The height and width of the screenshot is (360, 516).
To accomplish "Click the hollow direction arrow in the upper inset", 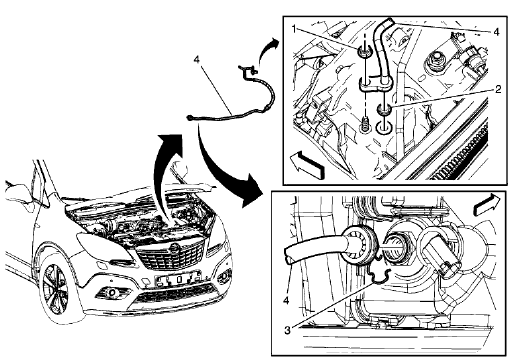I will [309, 159].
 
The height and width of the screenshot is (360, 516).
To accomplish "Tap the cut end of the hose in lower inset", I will [288, 256].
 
